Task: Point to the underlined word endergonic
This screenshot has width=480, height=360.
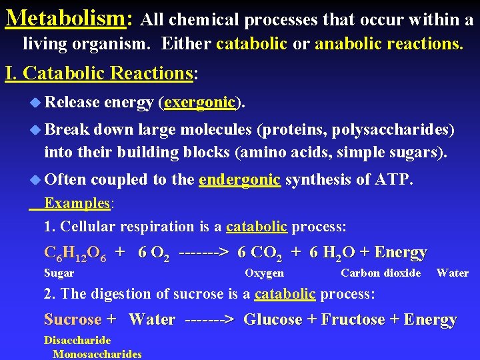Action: click(239, 179)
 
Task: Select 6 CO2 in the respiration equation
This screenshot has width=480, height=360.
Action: click(259, 253)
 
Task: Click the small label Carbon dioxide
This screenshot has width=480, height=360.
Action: click(381, 273)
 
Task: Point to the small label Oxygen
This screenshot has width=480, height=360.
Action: click(264, 273)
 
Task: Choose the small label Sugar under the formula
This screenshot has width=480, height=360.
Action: click(59, 273)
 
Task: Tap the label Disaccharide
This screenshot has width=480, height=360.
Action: click(77, 340)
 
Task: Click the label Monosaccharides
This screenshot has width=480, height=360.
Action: click(97, 354)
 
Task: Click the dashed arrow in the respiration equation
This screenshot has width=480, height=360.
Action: click(205, 253)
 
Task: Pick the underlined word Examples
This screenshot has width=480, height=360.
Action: click(77, 203)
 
